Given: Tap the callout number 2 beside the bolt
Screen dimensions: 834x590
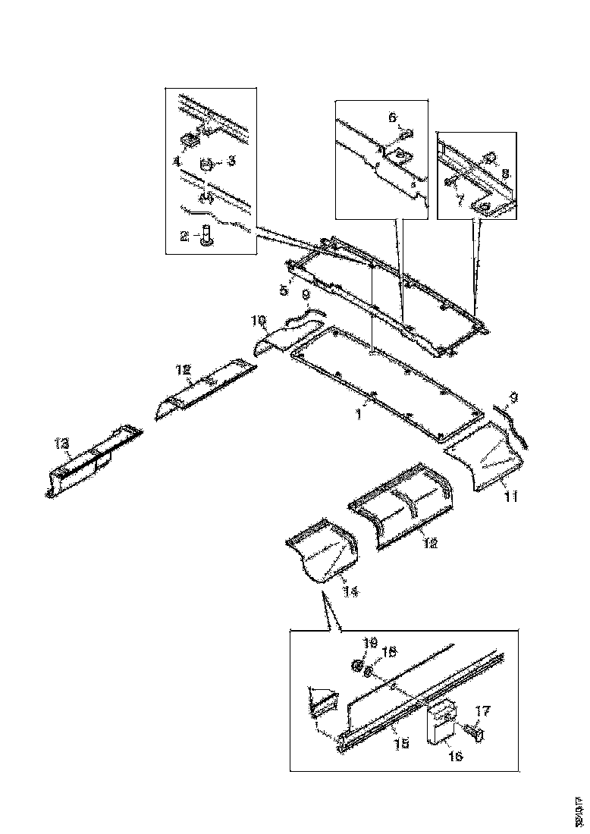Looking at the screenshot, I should tap(184, 237).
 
